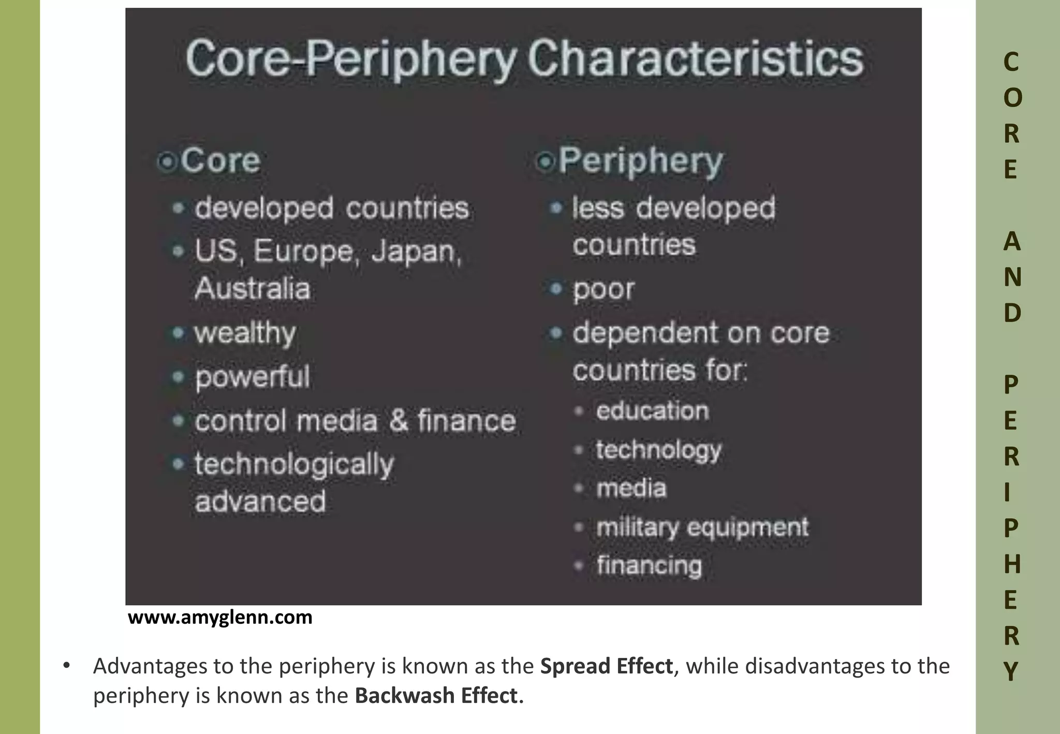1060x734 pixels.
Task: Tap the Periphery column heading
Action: pos(640,161)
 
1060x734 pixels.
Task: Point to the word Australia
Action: pos(253,288)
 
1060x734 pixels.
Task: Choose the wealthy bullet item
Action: pos(245,333)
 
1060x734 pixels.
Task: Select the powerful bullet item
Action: pos(253,376)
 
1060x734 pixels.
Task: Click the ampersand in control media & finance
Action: pos(399,420)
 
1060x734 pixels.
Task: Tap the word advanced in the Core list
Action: pos(260,501)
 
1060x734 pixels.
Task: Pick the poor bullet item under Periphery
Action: pos(603,289)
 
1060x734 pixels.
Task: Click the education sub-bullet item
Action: pos(652,411)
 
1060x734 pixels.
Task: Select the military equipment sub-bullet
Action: pos(702,527)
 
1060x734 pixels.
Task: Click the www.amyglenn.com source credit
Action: pos(220,617)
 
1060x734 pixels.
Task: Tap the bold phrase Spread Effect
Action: pos(607,666)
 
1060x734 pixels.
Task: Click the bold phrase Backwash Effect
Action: pos(436,696)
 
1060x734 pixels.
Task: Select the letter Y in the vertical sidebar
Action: pos(1011,671)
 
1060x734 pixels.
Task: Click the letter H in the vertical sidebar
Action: pos(1012,564)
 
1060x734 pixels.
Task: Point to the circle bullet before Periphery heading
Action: pos(544,162)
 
